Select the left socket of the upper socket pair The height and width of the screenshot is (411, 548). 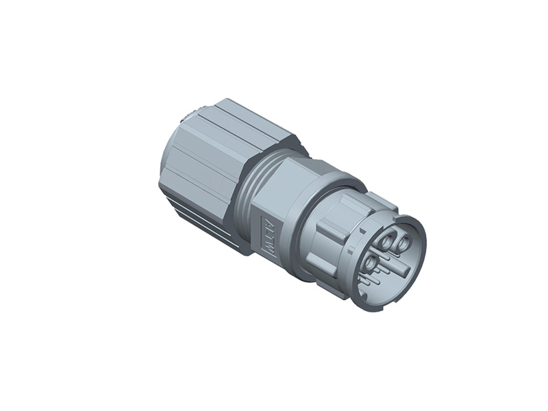(x=388, y=242)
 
